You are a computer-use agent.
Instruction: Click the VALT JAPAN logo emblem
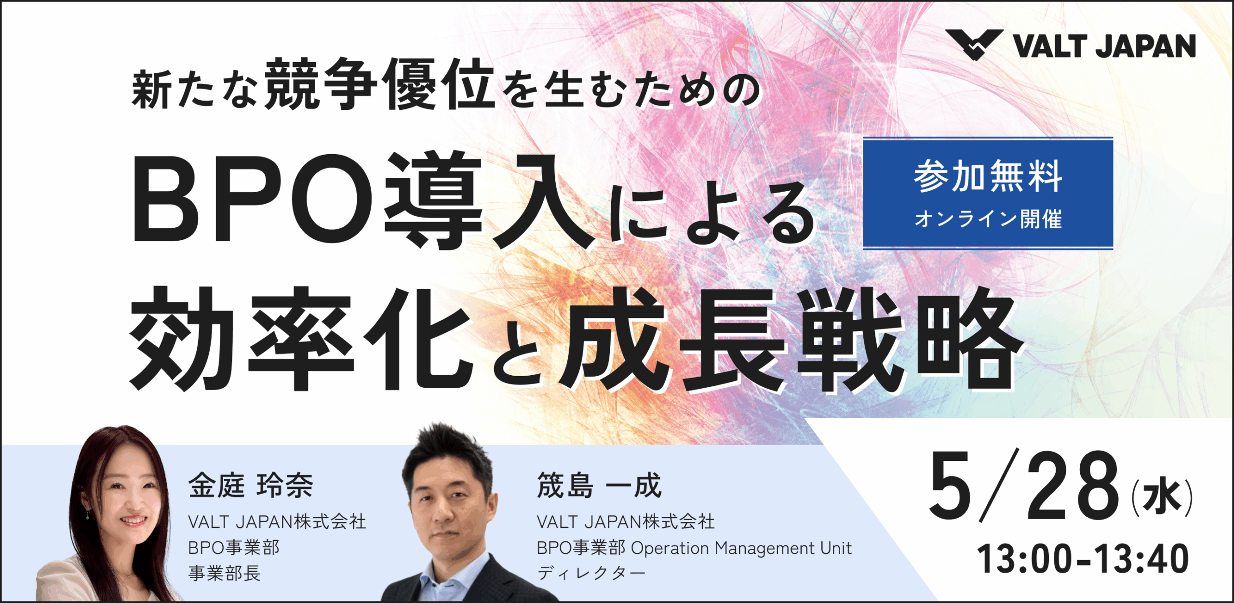(974, 44)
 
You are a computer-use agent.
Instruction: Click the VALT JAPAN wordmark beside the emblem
(1104, 46)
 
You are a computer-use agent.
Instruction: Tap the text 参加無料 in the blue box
(988, 176)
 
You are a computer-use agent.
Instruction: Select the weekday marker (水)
(1162, 498)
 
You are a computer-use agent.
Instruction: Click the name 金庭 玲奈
(251, 485)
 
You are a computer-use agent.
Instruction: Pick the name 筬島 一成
(599, 485)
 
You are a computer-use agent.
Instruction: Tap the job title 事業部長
(224, 573)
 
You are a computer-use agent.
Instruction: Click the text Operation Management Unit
(741, 548)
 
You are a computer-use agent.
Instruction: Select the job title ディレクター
(591, 573)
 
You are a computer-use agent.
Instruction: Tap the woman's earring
(87, 516)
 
